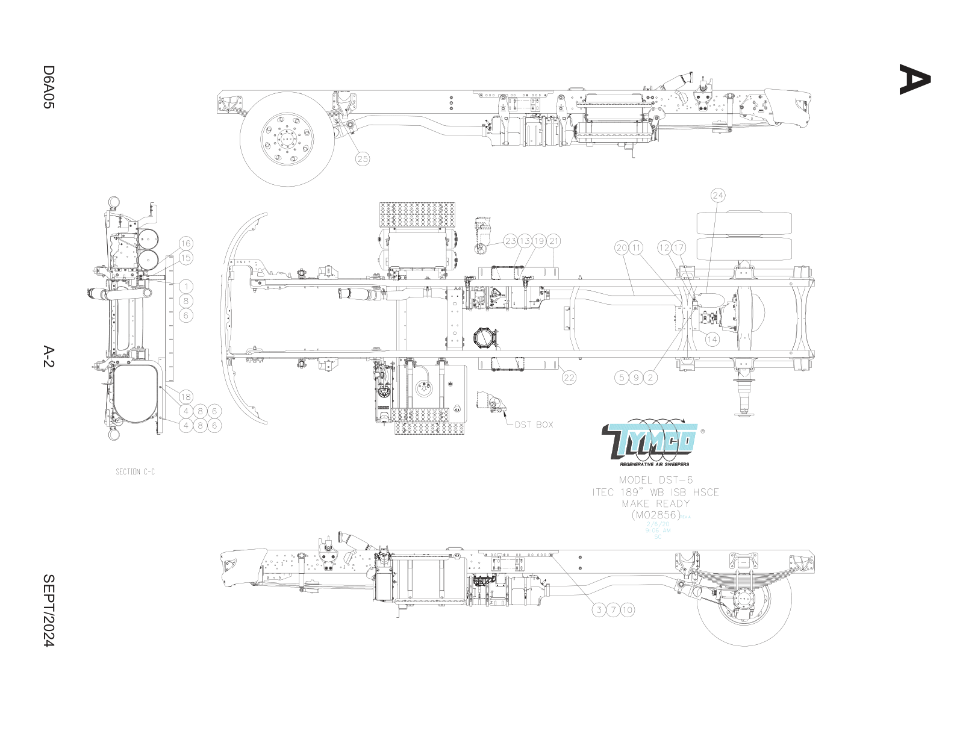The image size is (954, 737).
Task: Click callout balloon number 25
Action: (362, 159)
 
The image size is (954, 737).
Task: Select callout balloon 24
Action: (718, 195)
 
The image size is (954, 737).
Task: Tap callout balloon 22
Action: (569, 378)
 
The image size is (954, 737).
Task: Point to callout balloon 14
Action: (712, 339)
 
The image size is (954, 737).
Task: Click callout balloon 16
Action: (185, 243)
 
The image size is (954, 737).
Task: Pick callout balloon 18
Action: (185, 396)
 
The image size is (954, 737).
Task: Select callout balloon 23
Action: (511, 241)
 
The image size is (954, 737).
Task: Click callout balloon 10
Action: (628, 610)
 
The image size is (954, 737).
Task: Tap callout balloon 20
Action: (622, 247)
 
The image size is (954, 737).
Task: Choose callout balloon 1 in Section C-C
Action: (186, 287)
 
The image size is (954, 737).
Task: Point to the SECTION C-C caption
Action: (135, 471)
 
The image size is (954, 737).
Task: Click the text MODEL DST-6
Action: (656, 480)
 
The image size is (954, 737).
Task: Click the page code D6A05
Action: (49, 87)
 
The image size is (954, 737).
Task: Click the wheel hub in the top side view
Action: (287, 139)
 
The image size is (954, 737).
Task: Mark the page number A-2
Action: (49, 356)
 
